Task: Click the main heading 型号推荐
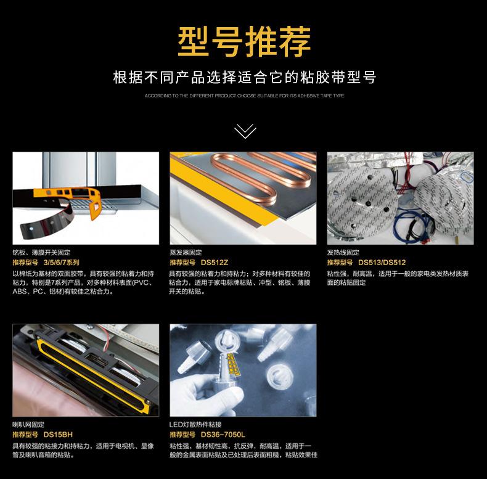coord(244,41)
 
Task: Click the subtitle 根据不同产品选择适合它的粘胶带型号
coord(244,78)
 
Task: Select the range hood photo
coord(86,197)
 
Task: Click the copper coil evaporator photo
coord(243,197)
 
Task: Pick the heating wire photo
coord(400,197)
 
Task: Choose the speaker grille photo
coord(86,370)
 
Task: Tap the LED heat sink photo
coord(243,370)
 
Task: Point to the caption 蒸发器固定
coord(186,253)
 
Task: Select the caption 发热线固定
coord(343,253)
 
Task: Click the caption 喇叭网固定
coord(28,425)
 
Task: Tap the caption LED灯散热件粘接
coord(195,425)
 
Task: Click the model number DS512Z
coord(215,263)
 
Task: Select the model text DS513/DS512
coord(382,263)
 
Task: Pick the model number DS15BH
coord(59,435)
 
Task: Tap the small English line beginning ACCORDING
coord(244,96)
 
